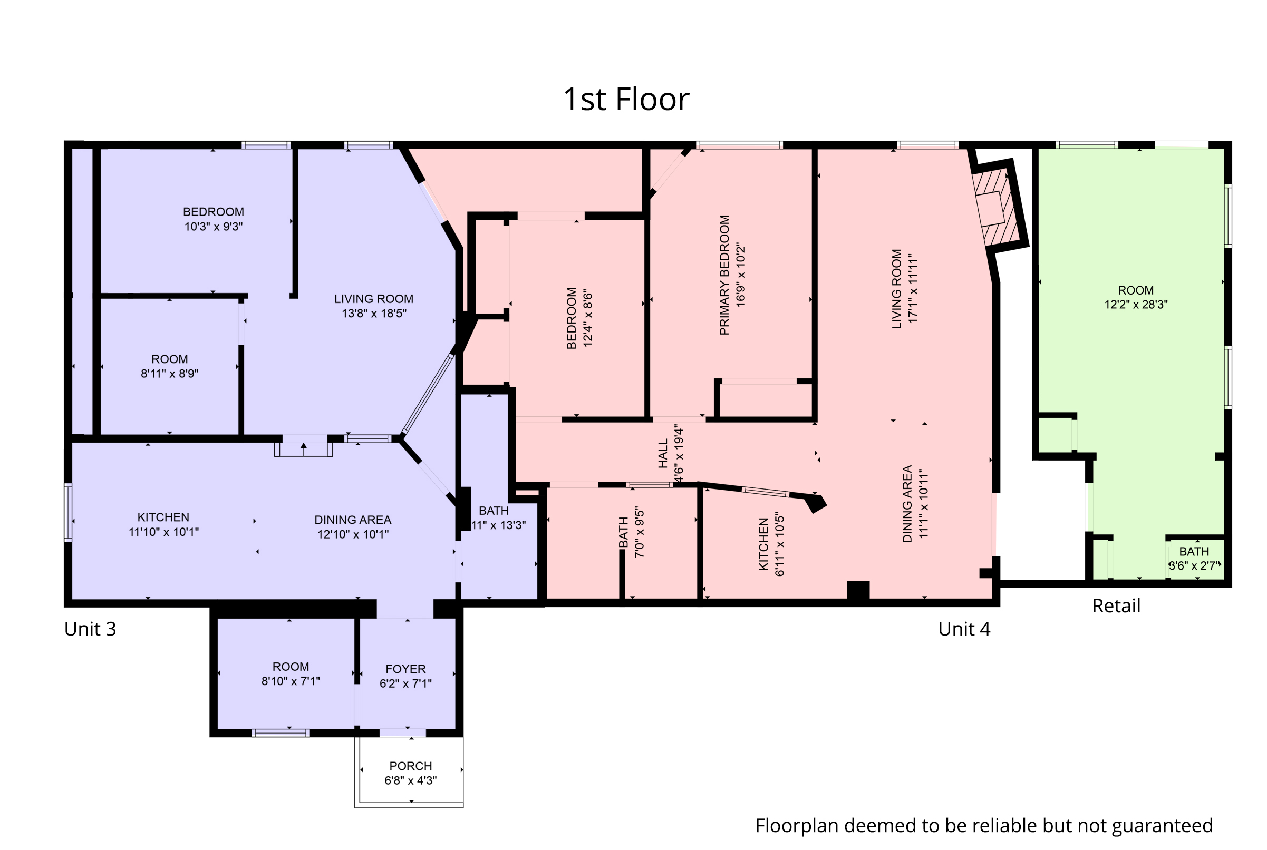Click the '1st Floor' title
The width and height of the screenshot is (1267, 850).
[626, 99]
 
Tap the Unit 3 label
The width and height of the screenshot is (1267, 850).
[90, 629]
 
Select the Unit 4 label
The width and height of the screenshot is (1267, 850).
[964, 629]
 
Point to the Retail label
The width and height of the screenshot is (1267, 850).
[1116, 605]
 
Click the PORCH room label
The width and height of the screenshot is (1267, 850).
[411, 766]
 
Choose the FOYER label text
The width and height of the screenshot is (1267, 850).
[405, 669]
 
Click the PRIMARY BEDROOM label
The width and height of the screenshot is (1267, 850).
[724, 275]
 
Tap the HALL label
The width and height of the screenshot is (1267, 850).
[663, 454]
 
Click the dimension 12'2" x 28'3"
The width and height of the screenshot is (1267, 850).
[1136, 305]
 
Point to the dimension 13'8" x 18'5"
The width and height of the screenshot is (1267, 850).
[374, 314]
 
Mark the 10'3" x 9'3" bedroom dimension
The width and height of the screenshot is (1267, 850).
[213, 227]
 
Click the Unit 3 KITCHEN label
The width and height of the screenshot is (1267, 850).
[163, 517]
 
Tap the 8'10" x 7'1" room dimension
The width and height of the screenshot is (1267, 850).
[291, 681]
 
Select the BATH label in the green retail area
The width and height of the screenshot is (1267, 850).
[1194, 551]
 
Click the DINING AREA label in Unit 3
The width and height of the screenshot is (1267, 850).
[353, 520]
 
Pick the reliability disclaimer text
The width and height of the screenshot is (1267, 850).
[984, 826]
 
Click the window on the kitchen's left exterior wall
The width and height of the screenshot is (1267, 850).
[69, 512]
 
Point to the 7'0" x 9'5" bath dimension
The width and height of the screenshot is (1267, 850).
[640, 532]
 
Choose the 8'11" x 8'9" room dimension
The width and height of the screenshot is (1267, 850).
[169, 374]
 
